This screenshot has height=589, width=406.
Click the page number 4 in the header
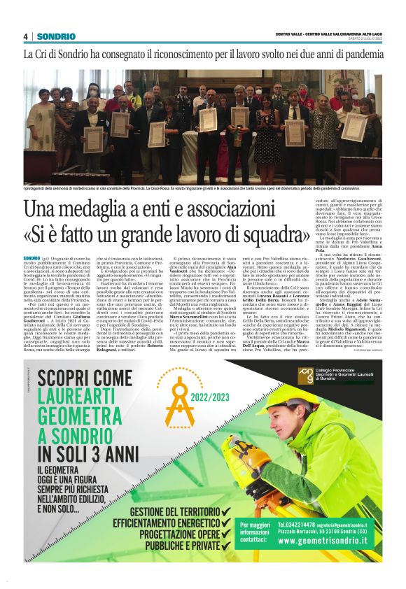(x=25, y=36)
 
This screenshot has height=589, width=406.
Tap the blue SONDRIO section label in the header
(x=56, y=36)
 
